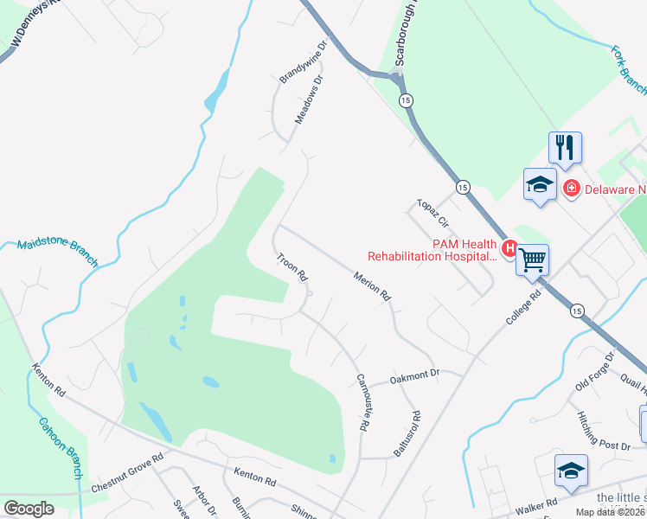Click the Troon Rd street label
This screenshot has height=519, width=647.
tap(292, 267)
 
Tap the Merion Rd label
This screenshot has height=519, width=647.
tap(373, 286)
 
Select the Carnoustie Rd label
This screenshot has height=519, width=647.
tap(363, 403)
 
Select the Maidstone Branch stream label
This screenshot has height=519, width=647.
tap(57, 254)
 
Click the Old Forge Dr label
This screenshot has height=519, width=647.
tap(594, 370)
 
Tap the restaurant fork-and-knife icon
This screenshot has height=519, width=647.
tap(565, 146)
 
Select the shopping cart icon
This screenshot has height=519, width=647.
tap(532, 258)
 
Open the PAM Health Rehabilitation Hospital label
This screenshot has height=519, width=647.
tap(432, 250)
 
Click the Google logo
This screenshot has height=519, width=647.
tap(29, 509)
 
